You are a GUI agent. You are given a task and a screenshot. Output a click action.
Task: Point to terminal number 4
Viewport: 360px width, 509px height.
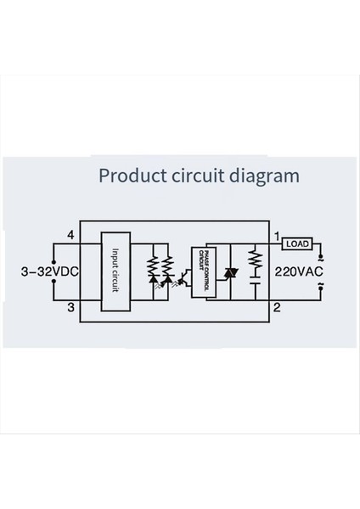[x=71, y=234]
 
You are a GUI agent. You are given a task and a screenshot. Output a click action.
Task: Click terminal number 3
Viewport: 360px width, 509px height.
[x=71, y=306]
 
